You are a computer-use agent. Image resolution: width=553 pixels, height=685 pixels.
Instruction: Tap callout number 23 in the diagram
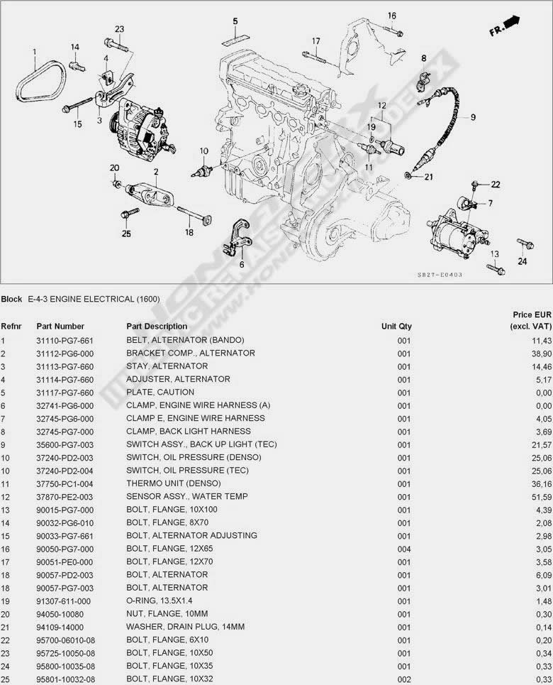click(119, 29)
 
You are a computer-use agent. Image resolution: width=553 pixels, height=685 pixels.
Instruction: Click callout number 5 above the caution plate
click(235, 21)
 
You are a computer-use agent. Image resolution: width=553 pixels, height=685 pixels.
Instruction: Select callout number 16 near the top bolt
click(392, 16)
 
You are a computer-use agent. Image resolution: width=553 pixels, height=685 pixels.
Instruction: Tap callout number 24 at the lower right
click(523, 261)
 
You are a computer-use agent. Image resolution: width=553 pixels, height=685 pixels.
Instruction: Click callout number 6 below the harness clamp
click(241, 264)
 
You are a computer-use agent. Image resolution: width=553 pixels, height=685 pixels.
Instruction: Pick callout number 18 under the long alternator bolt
click(189, 232)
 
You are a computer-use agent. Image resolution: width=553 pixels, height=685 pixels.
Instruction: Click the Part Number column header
click(60, 327)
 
